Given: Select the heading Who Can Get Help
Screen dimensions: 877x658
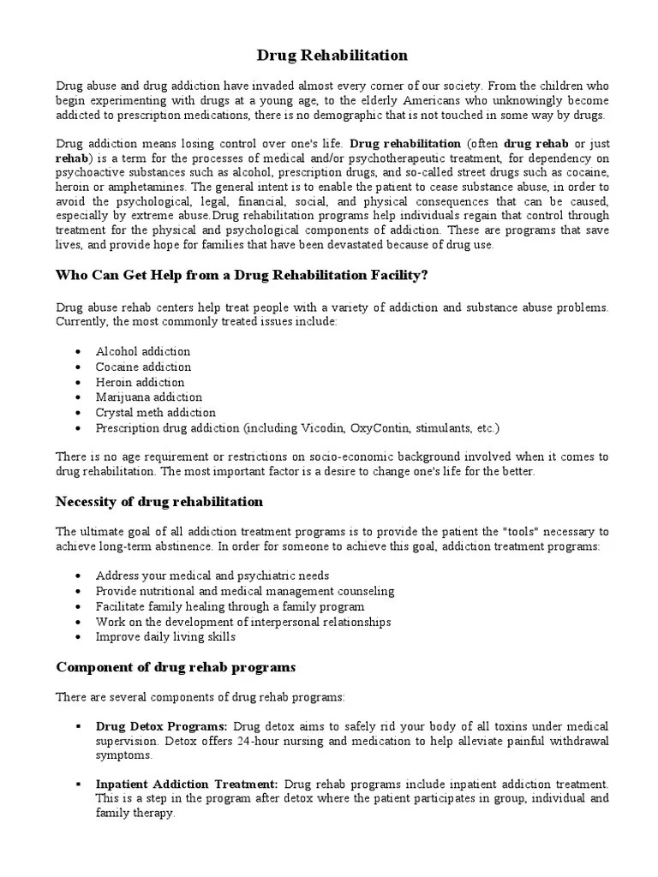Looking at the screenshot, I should click(242, 275).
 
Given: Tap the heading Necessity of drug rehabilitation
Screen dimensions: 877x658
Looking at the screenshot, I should click(159, 501).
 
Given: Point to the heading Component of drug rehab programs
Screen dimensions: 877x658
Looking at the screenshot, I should click(176, 666).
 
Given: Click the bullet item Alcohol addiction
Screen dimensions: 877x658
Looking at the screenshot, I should click(143, 351).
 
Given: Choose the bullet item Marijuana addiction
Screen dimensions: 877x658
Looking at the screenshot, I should click(149, 397).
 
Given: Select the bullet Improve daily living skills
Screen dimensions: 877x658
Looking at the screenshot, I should click(165, 637).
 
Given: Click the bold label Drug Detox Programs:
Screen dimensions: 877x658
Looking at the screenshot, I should click(162, 726).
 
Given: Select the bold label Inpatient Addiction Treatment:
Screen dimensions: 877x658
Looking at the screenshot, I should click(187, 785).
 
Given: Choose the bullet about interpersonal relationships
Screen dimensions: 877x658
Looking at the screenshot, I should click(243, 622).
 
